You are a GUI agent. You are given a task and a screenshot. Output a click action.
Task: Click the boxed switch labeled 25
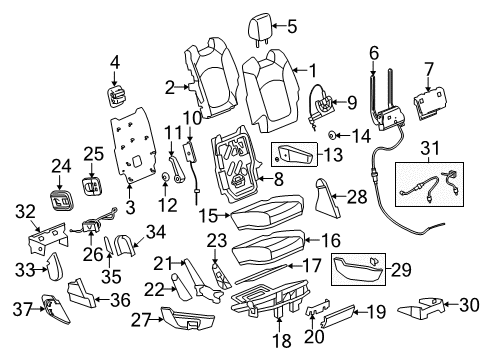tap(92, 187)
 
